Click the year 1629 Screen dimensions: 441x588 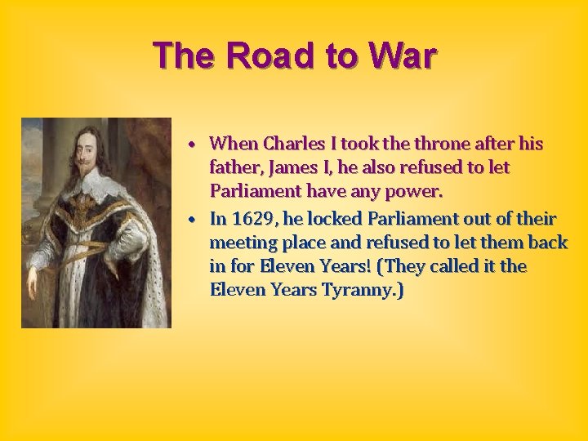coord(254,219)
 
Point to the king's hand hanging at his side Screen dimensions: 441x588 coord(33,281)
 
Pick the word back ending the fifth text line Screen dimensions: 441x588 coord(548,243)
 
